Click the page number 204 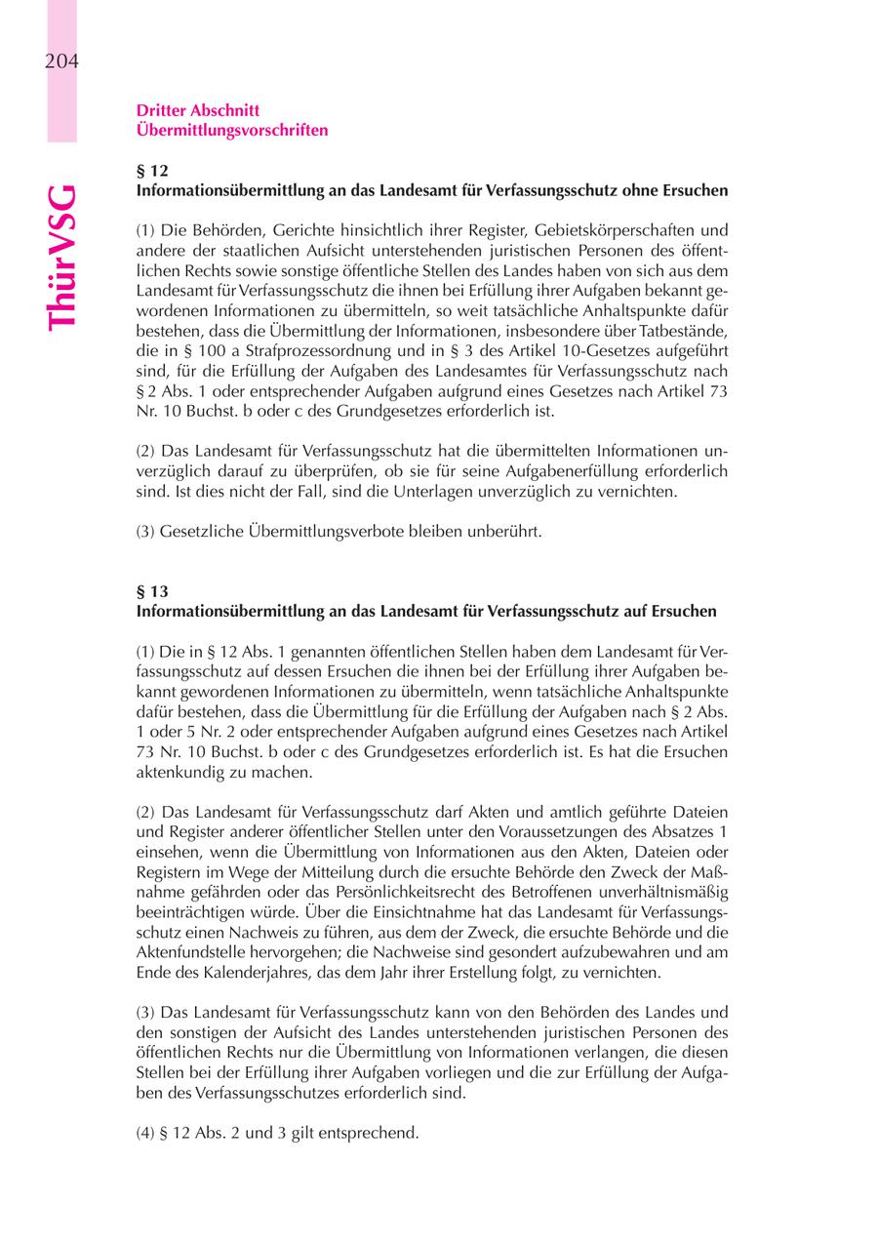60,62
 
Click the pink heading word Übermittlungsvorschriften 232,130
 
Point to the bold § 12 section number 152,171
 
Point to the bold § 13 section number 152,591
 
